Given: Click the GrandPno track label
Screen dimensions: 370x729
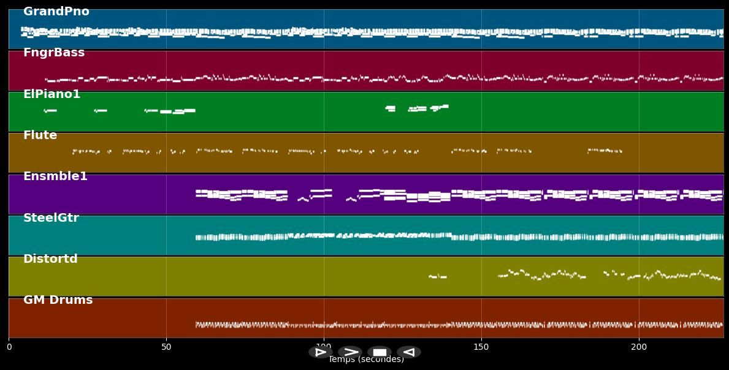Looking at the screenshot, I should [56, 12].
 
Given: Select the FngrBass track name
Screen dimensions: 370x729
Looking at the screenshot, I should [54, 53].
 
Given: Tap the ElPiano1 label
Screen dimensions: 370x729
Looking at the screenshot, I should [52, 94].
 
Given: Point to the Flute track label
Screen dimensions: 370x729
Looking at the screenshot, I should [40, 135].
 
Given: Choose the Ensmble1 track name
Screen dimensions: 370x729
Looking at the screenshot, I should [55, 176].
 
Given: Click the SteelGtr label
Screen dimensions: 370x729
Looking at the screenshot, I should [51, 218].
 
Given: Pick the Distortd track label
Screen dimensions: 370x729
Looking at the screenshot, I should [50, 259].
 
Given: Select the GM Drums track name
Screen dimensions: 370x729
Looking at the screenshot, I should [58, 300].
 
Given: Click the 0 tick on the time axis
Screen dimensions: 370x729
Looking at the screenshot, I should [9, 347].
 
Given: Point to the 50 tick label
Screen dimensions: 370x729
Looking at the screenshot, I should [166, 347].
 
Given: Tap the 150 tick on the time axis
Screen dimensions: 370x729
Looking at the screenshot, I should [481, 347].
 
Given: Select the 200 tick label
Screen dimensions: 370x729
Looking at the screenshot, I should [639, 347].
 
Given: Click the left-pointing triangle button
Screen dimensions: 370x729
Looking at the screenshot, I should [408, 352].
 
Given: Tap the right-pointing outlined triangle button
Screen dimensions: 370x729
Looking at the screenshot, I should [320, 352].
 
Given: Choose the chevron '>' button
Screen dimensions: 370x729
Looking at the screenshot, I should [350, 352].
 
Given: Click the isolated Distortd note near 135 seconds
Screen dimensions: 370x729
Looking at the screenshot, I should [437, 277].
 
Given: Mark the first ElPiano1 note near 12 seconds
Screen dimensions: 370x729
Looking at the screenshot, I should [50, 111].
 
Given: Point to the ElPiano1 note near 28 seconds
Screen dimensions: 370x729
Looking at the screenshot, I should [101, 111].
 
